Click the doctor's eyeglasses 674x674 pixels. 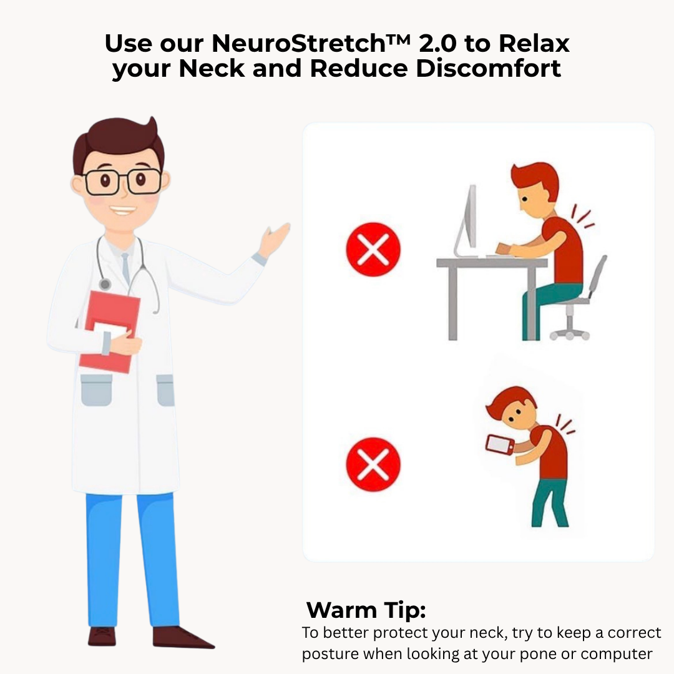click(123, 182)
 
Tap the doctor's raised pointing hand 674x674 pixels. click(275, 238)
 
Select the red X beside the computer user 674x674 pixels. click(373, 250)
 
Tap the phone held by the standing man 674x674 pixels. click(500, 444)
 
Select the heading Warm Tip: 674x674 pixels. click(366, 610)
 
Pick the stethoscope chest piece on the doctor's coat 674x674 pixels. click(105, 284)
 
